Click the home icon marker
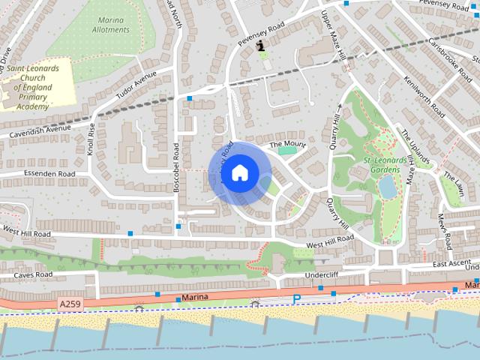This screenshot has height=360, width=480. pyautogui.click(x=239, y=173)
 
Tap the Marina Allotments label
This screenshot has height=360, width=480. pyautogui.click(x=110, y=25)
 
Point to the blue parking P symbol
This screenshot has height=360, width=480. pyautogui.click(x=296, y=299)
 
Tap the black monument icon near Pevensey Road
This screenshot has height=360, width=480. pyautogui.click(x=260, y=46)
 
